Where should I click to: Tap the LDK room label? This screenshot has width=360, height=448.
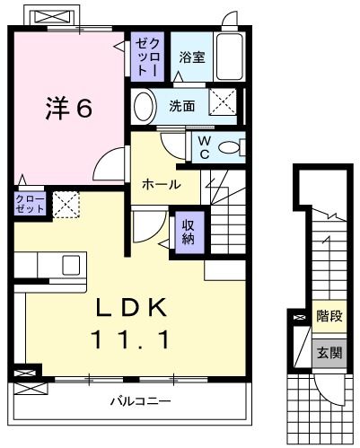(x=132, y=308)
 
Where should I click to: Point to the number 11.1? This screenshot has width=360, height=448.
(x=132, y=339)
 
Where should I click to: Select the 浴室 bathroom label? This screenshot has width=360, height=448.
(x=191, y=57)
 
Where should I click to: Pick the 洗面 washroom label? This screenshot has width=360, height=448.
(x=182, y=106)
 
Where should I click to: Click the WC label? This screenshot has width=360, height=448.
(x=203, y=147)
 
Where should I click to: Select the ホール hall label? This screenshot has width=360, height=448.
(x=161, y=184)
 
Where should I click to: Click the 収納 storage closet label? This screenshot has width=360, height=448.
(x=189, y=232)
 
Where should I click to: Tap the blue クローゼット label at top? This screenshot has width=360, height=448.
(x=147, y=57)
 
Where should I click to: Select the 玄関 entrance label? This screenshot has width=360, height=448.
(x=328, y=353)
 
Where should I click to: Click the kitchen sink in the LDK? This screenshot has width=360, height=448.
(x=70, y=265)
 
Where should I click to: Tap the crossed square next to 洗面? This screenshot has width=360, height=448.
(x=222, y=103)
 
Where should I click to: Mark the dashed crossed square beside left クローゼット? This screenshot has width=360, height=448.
(x=66, y=204)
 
